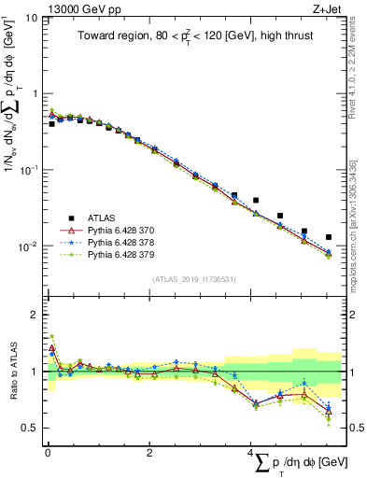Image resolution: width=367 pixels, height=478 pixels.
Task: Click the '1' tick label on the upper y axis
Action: (x=34, y=93)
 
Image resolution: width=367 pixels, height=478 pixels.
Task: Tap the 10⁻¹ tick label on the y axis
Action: (x=28, y=170)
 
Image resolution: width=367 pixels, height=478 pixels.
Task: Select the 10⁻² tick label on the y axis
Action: (x=28, y=246)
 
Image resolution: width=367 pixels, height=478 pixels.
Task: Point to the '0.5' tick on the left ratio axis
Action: (x=29, y=429)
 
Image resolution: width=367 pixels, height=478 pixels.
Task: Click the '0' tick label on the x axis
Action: (x=47, y=453)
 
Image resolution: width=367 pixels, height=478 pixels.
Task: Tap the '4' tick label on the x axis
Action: (x=250, y=453)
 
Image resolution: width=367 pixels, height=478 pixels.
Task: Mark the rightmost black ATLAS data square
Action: (x=328, y=237)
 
